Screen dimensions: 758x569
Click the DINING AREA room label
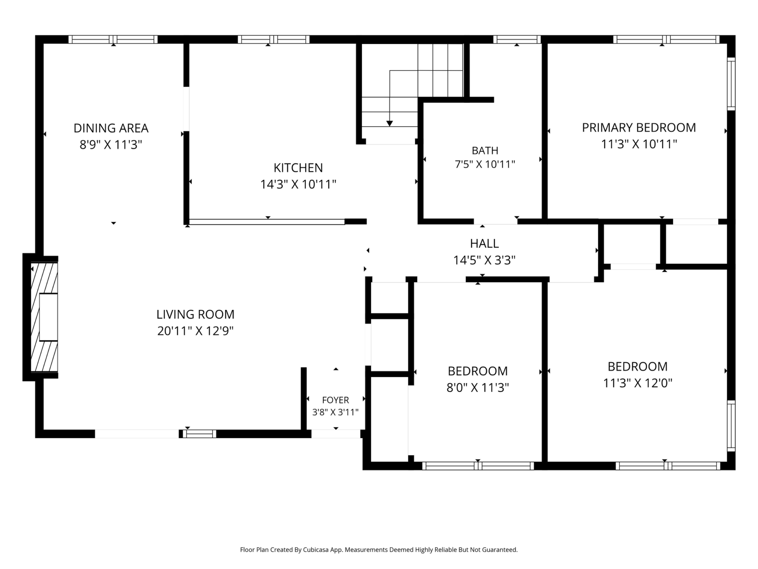111,128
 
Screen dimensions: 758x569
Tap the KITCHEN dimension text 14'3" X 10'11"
298,185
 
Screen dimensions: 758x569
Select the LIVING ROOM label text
195,314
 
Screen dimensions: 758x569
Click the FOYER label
336,400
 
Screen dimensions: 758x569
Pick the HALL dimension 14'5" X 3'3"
484,260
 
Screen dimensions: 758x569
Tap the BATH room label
485,151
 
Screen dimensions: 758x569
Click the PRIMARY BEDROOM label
639,128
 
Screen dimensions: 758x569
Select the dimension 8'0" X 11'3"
478,388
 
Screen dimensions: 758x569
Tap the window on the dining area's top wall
113,40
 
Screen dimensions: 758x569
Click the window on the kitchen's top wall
273,40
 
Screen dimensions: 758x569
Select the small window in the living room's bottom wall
199,434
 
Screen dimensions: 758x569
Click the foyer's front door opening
336,434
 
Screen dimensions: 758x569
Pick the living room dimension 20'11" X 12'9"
195,331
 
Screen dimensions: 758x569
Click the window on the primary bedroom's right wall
731,84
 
